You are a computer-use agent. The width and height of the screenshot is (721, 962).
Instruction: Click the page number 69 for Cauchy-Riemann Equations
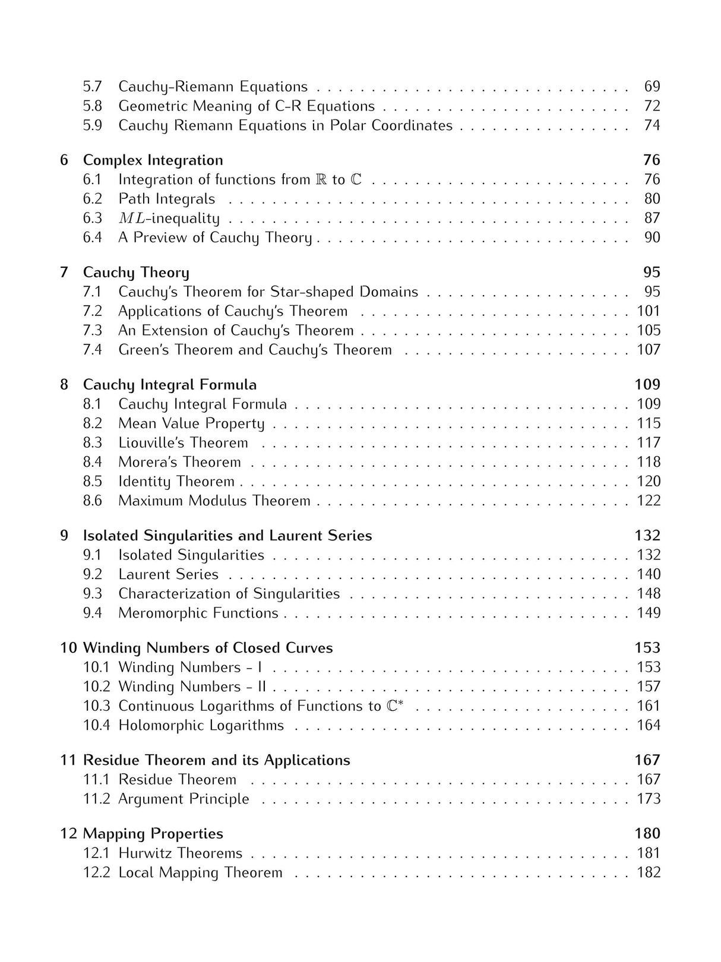(x=652, y=87)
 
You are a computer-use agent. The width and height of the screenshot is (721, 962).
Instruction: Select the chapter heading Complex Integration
(x=153, y=160)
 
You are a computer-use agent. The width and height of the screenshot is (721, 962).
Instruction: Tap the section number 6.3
(x=92, y=218)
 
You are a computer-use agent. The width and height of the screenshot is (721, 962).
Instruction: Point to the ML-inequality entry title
(x=169, y=219)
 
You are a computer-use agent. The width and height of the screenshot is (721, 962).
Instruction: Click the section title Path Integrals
(x=166, y=199)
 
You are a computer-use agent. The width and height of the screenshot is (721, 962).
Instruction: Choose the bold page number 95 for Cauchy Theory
(x=652, y=273)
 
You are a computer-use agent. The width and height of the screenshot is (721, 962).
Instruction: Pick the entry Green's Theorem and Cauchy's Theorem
(x=255, y=350)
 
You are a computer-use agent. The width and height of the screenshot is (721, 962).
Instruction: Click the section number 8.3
(x=92, y=443)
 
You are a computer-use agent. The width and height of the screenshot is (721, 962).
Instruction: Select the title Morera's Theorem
(x=179, y=462)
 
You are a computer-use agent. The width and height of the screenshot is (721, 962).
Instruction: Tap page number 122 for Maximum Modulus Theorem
(x=649, y=501)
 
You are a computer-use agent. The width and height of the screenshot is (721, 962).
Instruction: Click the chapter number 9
(x=64, y=536)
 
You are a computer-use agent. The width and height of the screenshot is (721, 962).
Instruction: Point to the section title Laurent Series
(x=168, y=574)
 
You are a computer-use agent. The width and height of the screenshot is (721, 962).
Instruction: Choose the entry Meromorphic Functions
(x=198, y=613)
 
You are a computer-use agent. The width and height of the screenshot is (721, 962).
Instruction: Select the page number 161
(x=649, y=706)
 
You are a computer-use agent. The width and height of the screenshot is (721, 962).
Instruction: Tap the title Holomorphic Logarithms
(x=201, y=725)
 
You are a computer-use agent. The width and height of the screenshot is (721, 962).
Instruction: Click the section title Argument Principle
(x=184, y=799)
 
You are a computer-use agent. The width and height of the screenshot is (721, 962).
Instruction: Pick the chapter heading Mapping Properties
(x=153, y=834)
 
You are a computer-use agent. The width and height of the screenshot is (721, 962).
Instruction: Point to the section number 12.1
(x=96, y=853)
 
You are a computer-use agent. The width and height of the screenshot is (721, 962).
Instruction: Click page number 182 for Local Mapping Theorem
(x=649, y=872)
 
